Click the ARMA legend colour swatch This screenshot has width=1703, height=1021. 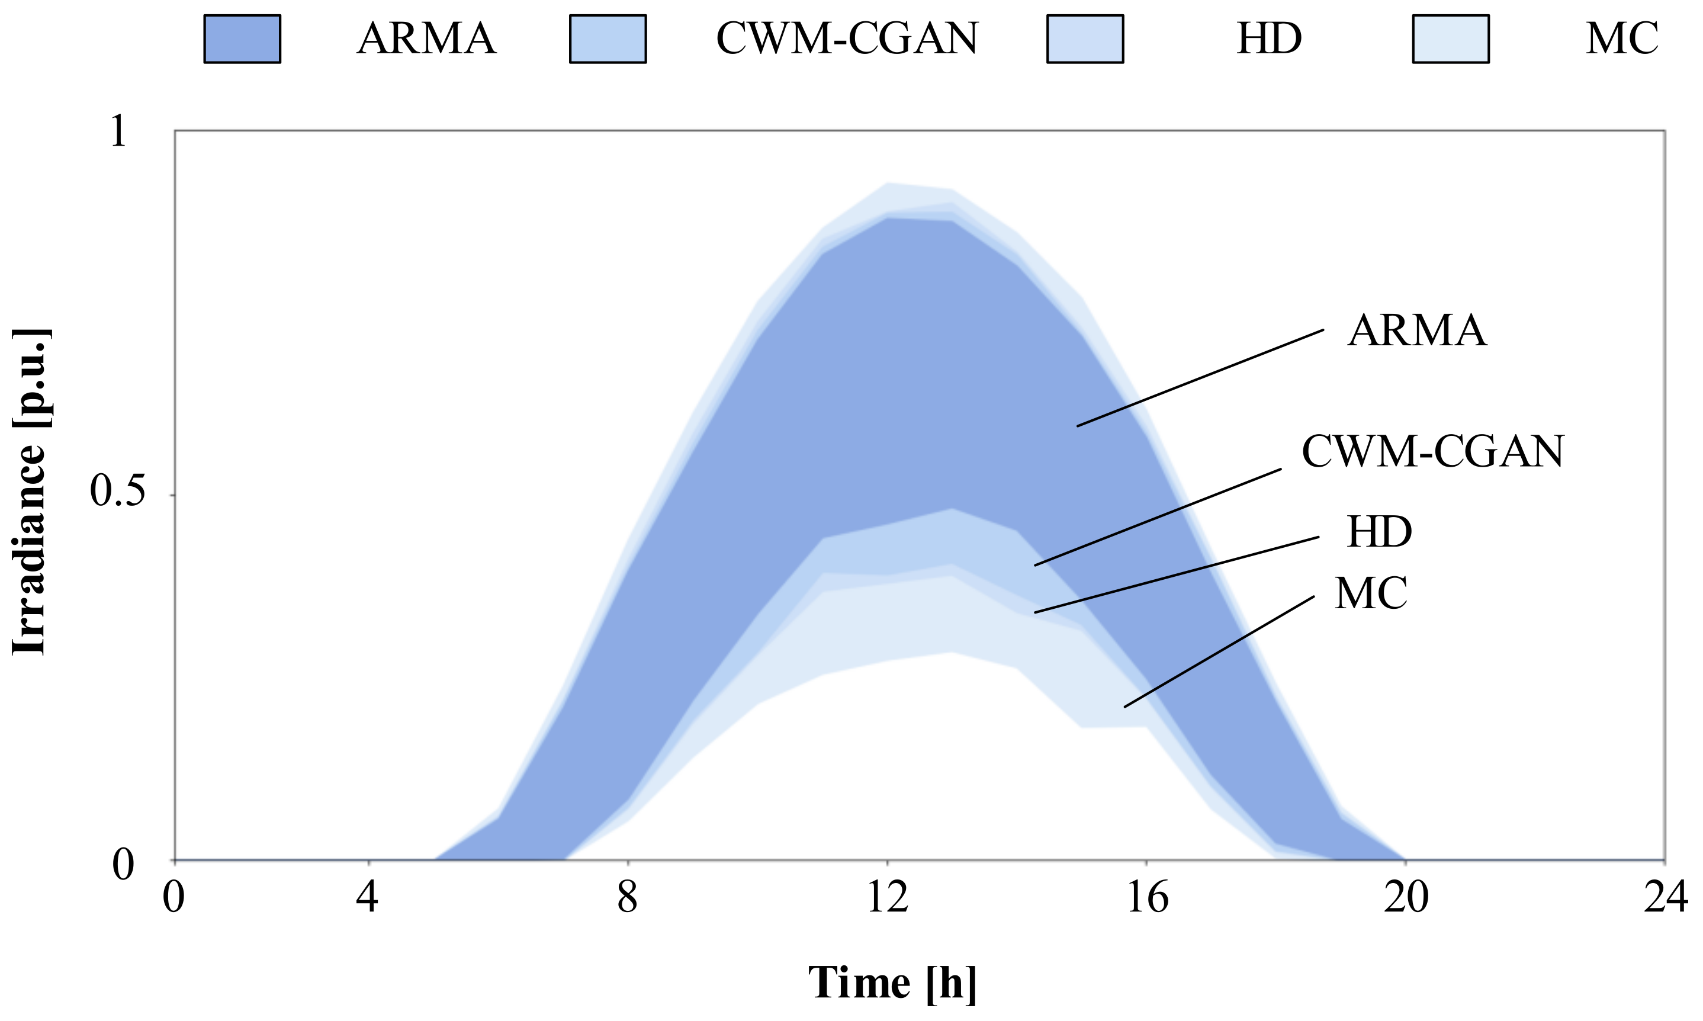[x=242, y=39]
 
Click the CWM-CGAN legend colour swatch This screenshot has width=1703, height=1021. [x=608, y=39]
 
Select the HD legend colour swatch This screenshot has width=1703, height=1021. [x=1085, y=39]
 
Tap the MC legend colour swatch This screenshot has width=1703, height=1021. [x=1451, y=39]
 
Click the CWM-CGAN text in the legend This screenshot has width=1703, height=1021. [x=847, y=38]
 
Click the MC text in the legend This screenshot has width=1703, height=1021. [x=1622, y=38]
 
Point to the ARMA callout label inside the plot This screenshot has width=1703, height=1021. [x=1417, y=331]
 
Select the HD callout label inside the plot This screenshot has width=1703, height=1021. [x=1379, y=532]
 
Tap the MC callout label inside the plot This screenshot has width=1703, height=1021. [x=1371, y=594]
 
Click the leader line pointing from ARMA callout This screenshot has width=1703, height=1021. [x=1200, y=378]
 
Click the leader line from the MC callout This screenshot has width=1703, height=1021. [x=1219, y=651]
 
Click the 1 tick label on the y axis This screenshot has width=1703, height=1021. [x=119, y=131]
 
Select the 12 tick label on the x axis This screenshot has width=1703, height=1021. [x=887, y=898]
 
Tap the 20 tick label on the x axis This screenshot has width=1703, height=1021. [x=1405, y=898]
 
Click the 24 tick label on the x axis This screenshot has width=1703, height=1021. [x=1665, y=898]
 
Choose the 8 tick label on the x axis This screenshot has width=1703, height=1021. [x=627, y=898]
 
